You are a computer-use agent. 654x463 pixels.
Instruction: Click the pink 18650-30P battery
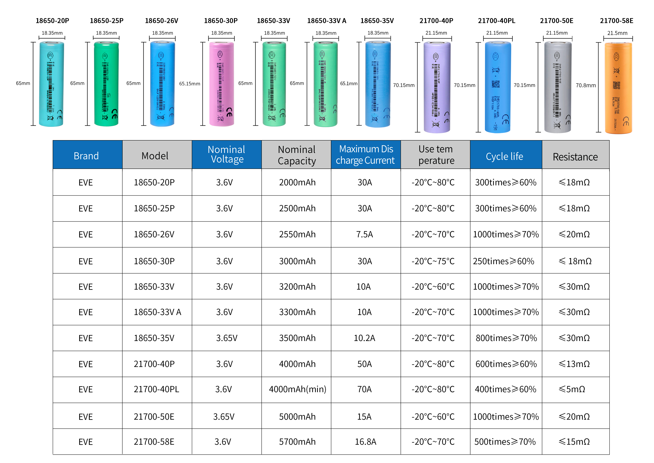(x=221, y=84)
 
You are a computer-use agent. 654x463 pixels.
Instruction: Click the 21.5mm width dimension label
(x=617, y=33)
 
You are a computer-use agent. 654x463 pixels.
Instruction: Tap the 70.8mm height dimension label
(x=586, y=85)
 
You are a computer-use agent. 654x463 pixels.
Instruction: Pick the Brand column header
(x=86, y=156)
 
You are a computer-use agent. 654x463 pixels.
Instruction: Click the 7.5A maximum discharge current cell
(x=364, y=234)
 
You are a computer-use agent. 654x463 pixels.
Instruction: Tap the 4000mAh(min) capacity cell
(x=297, y=389)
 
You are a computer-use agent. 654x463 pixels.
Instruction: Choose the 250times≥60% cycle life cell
(x=503, y=261)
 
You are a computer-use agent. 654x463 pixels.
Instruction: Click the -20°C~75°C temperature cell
(x=433, y=261)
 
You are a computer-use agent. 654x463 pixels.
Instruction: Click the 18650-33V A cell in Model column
(x=157, y=312)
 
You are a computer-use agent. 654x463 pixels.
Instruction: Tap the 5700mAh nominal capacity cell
(x=297, y=442)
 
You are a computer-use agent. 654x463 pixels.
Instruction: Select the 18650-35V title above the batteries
(x=377, y=21)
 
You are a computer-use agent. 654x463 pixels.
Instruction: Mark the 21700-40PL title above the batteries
(x=496, y=21)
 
